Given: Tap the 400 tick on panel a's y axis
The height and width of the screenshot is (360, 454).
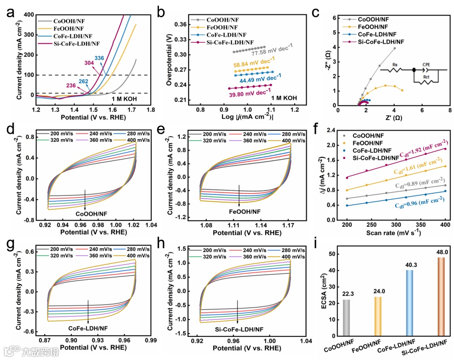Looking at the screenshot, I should [29, 15].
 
